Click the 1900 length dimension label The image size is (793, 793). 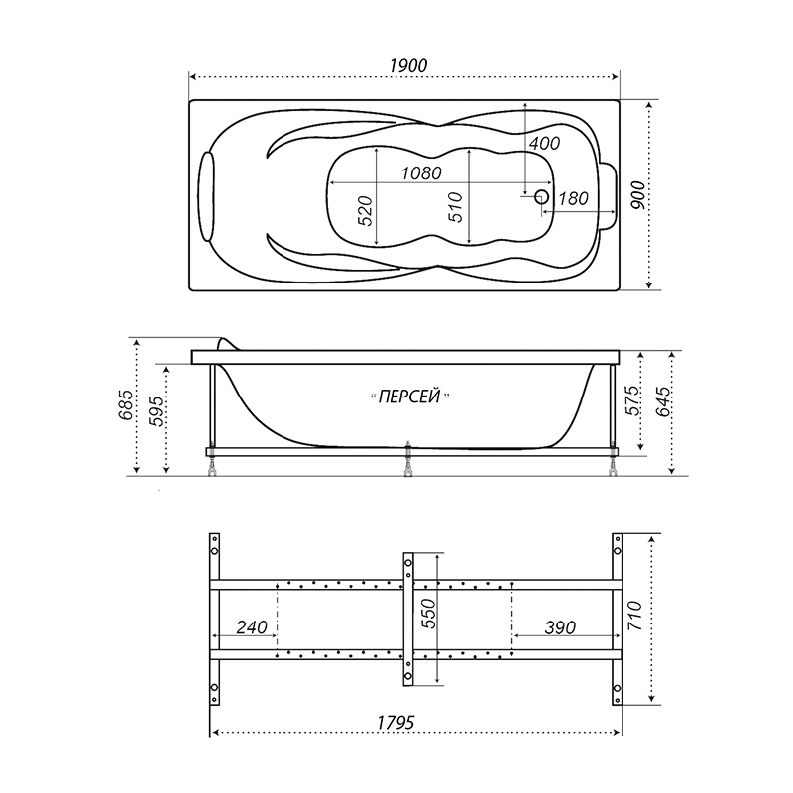(408, 65)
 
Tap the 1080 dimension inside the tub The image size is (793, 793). (421, 173)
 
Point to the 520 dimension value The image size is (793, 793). (365, 210)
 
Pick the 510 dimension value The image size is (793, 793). (456, 207)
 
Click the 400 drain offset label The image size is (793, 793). (544, 143)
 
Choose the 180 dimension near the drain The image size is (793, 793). (573, 199)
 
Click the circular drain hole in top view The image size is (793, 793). (542, 196)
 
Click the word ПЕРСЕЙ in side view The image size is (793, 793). (409, 397)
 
